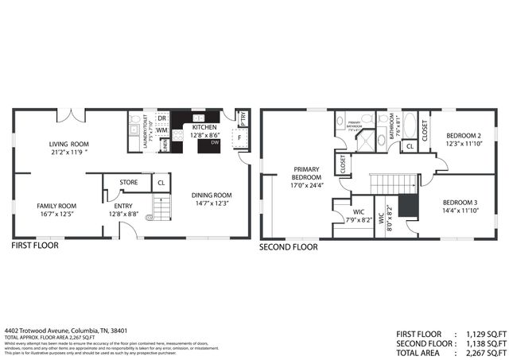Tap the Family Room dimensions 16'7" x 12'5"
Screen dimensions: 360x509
point(56,214)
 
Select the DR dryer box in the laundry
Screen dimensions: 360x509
point(161,118)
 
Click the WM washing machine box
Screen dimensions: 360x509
point(161,131)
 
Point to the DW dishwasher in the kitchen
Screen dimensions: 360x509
point(216,144)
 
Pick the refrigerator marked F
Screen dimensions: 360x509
point(239,137)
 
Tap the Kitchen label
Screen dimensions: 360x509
point(204,126)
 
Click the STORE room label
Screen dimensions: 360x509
point(128,182)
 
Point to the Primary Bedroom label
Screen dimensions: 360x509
point(306,173)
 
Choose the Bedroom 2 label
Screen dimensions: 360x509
point(461,134)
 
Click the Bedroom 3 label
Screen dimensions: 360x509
point(461,203)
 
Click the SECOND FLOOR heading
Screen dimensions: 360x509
point(289,246)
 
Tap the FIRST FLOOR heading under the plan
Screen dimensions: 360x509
point(34,246)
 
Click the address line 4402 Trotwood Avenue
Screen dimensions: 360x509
point(66,330)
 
